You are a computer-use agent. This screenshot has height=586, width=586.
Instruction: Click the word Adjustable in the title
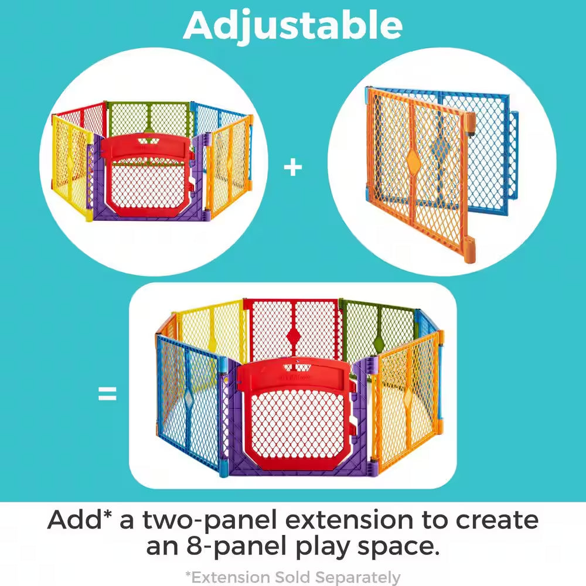point(293,25)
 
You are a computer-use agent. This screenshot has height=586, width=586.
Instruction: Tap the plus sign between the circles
point(293,168)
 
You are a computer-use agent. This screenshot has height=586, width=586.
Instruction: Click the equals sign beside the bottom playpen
point(107,394)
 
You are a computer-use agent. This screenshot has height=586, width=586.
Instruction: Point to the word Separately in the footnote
point(357,577)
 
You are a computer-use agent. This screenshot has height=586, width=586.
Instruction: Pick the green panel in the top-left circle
point(148,120)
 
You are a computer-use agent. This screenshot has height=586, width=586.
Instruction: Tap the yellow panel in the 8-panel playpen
point(211,331)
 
